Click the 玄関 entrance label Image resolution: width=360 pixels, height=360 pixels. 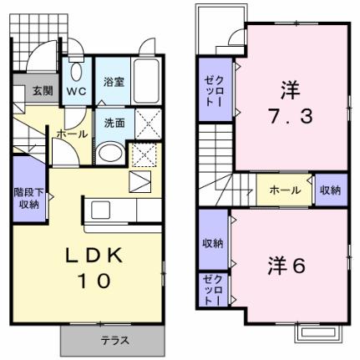(43, 90)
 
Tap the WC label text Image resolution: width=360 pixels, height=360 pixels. (76, 91)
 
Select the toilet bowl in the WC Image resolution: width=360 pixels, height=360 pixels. (76, 72)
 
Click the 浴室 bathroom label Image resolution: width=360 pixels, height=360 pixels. (114, 82)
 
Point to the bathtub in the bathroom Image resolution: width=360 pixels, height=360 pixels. (146, 81)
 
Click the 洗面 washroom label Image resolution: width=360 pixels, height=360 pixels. (114, 123)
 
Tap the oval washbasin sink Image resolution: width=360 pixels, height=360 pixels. (111, 152)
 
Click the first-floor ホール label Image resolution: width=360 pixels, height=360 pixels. (72, 134)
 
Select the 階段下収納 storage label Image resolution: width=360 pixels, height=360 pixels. (29, 198)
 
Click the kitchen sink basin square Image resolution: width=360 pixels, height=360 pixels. (101, 210)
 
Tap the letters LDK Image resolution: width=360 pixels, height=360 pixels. (94, 256)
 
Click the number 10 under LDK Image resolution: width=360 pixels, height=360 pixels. (95, 281)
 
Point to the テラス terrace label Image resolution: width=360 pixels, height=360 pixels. (115, 340)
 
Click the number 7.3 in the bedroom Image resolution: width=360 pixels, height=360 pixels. (291, 116)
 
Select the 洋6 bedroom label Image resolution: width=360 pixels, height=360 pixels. (286, 266)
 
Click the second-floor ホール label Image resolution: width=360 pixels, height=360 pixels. (285, 190)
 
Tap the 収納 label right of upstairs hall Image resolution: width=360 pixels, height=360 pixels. (330, 190)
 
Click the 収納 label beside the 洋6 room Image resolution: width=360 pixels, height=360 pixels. (212, 244)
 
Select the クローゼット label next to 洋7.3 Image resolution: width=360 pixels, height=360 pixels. (215, 91)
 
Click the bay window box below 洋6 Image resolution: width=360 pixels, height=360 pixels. (318, 332)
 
